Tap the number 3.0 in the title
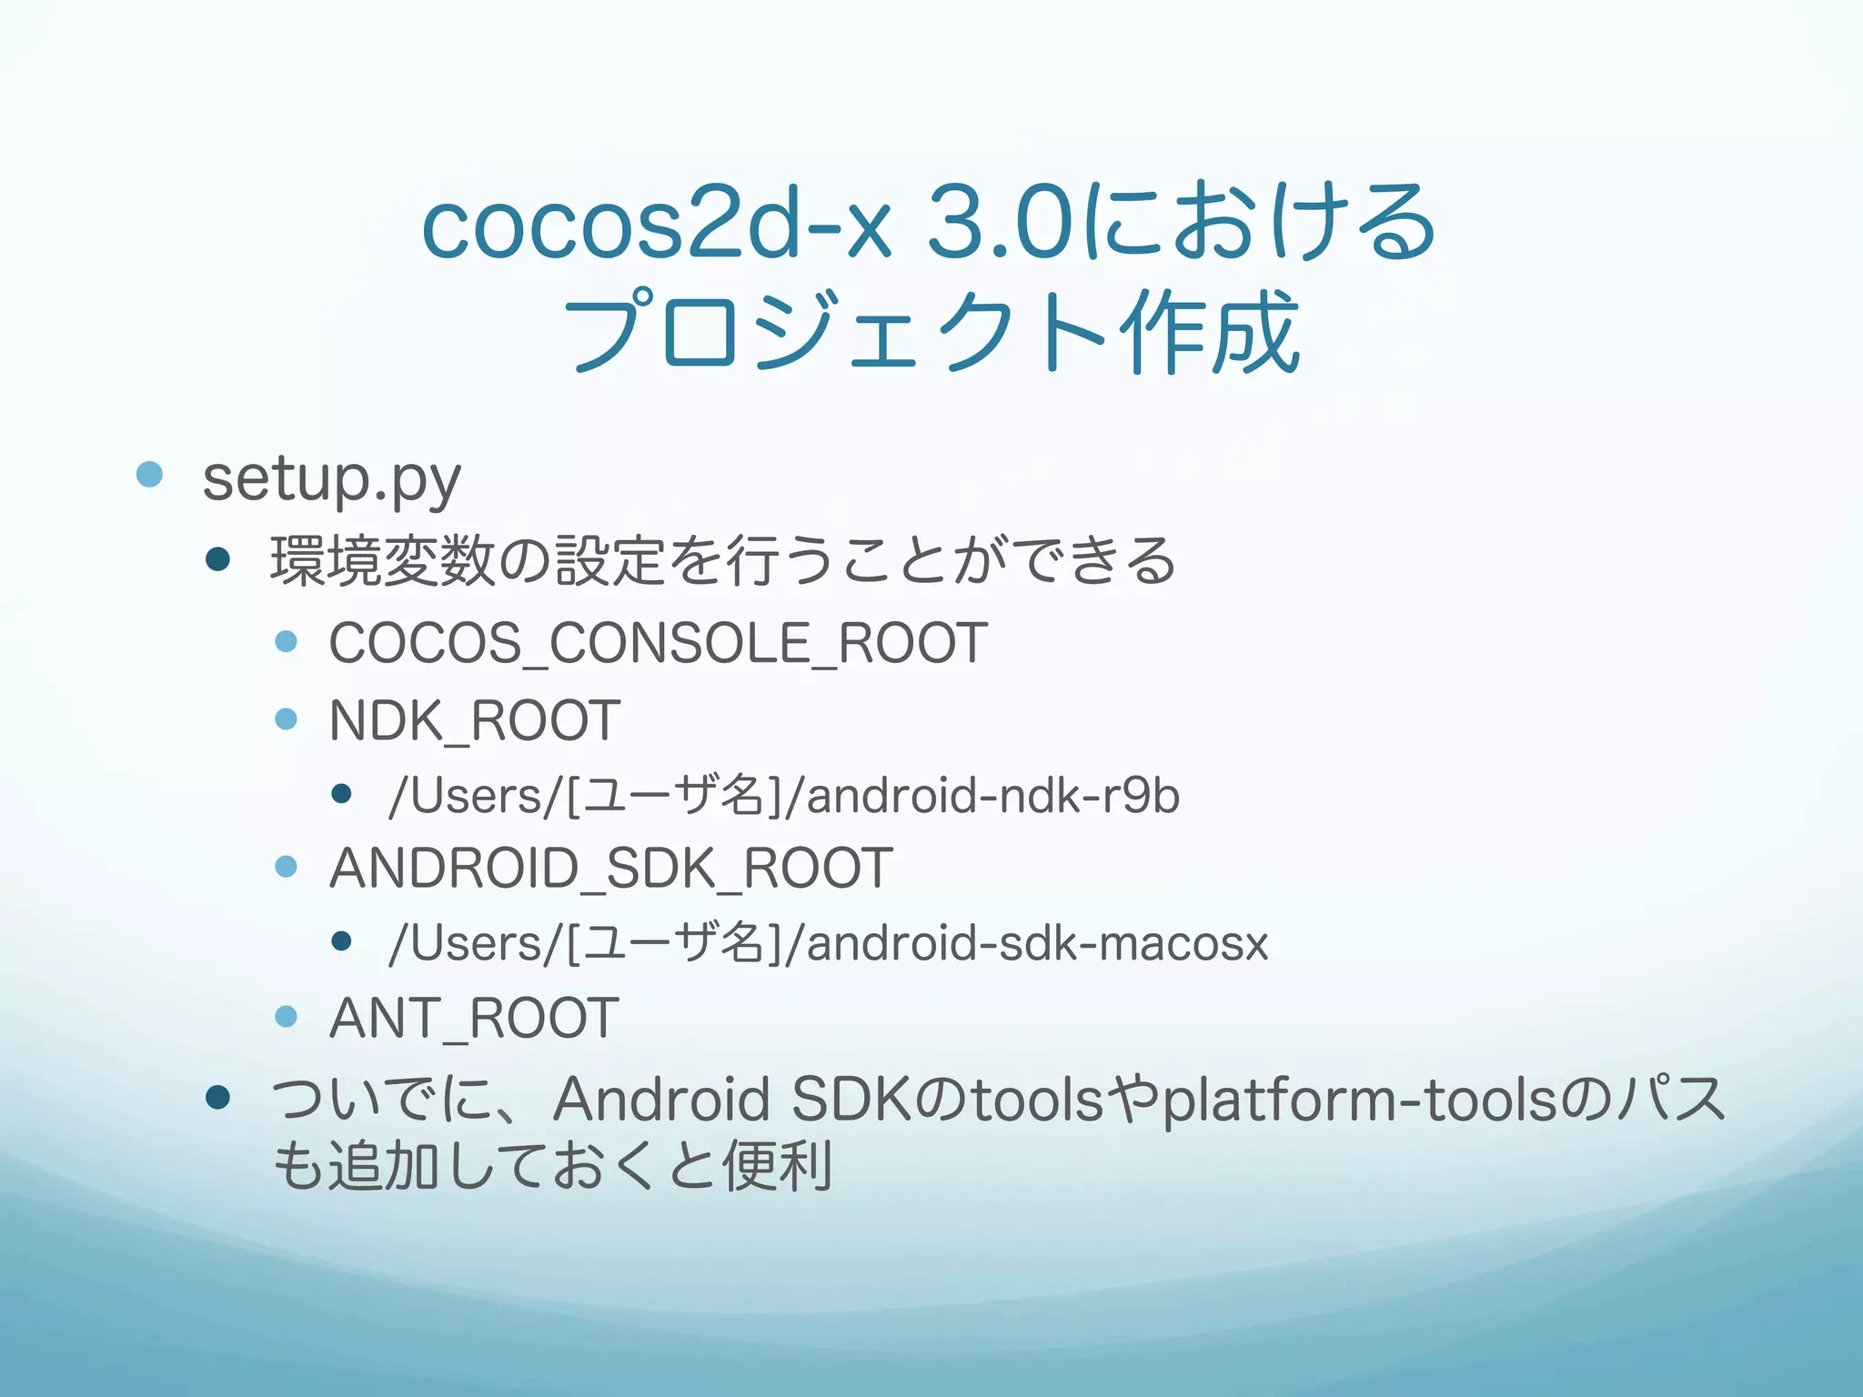click(x=1001, y=223)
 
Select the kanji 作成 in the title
click(x=1210, y=332)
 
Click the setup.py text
click(x=331, y=479)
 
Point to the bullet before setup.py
click(x=149, y=474)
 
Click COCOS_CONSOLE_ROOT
click(x=658, y=643)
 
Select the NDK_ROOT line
click(x=474, y=720)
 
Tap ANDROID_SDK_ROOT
click(x=610, y=868)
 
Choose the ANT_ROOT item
click(x=474, y=1017)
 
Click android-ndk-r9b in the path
click(x=992, y=796)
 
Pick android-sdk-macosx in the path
click(x=1037, y=943)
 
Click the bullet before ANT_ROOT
click(x=286, y=1016)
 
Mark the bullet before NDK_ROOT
click(x=286, y=719)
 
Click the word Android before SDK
click(x=661, y=1099)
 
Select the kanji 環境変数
click(x=383, y=560)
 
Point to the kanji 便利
click(x=778, y=1166)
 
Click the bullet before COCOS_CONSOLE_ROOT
click(x=286, y=641)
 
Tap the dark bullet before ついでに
click(x=217, y=1098)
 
